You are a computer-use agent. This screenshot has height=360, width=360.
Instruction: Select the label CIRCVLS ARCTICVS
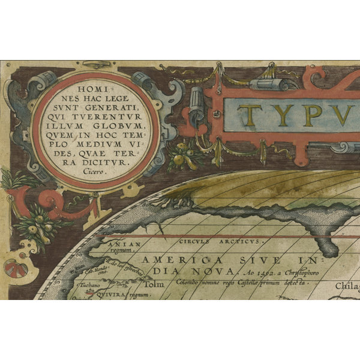point(220,241)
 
